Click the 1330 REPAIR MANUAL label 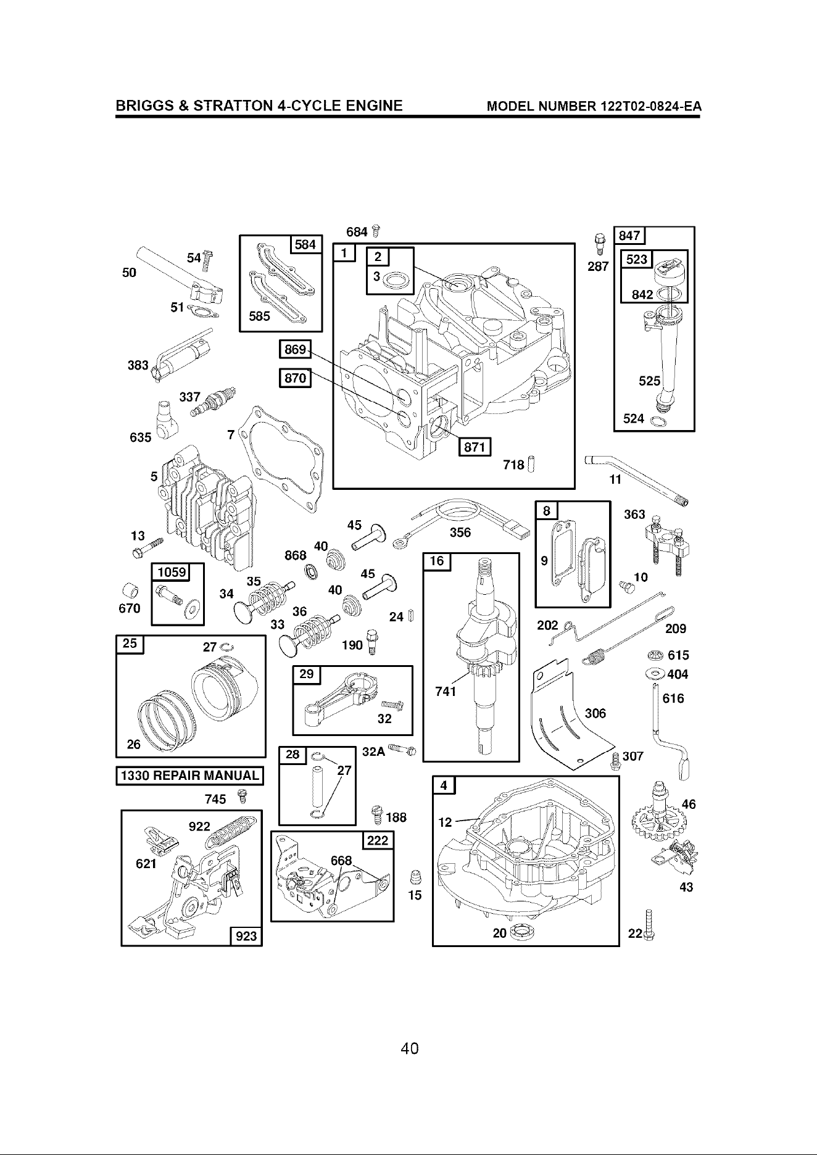pos(190,775)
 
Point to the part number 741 pos(446,692)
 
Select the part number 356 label pos(460,532)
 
